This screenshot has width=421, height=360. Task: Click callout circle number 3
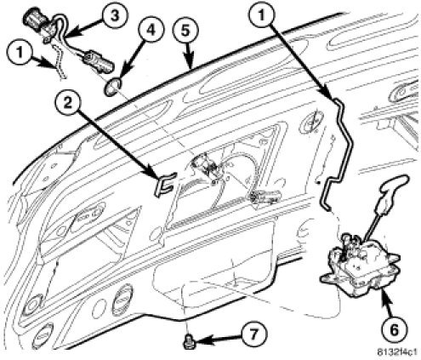tap(115, 16)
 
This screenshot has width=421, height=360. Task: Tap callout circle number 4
tap(151, 30)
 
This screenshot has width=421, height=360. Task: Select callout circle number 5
tap(185, 31)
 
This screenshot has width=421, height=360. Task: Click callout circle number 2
tap(67, 103)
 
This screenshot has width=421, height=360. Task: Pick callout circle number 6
tap(395, 330)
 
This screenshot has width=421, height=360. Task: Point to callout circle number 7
tap(254, 334)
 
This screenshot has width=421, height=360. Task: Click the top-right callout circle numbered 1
tap(261, 15)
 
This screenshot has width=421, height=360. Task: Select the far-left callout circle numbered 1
tap(20, 53)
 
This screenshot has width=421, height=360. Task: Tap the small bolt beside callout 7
tap(188, 341)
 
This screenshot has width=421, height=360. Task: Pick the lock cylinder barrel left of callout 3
tap(33, 18)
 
